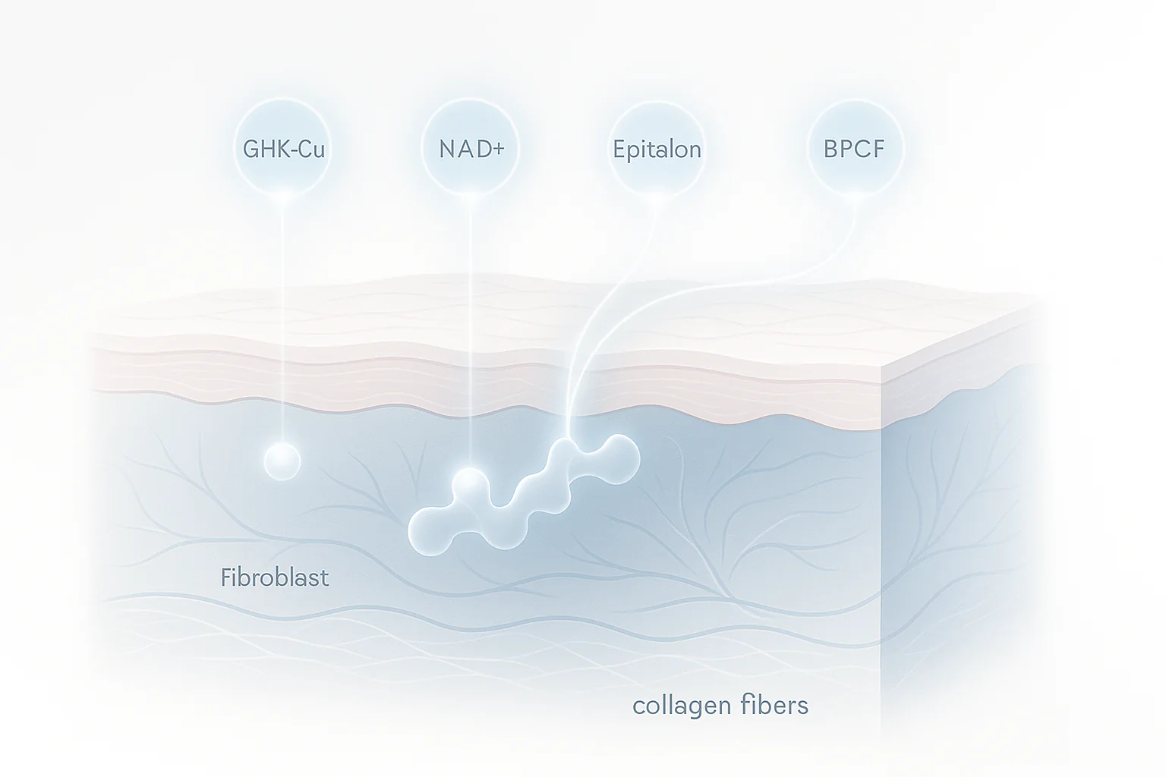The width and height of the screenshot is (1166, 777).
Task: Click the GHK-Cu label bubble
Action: coord(283,149)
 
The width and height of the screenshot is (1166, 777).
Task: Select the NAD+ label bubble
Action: coord(471,149)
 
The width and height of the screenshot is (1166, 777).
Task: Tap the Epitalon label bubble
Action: coord(657,149)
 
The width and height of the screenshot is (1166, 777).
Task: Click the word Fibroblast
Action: coord(275,578)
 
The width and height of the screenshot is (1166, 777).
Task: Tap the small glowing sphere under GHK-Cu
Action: coord(282,461)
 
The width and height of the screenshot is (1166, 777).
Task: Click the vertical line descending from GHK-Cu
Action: coord(282,319)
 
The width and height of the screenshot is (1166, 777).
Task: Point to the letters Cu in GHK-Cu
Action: coord(310,149)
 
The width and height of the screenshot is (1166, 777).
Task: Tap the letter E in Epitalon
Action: coord(619,149)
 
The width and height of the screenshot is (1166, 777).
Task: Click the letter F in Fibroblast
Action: coord(225,578)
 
